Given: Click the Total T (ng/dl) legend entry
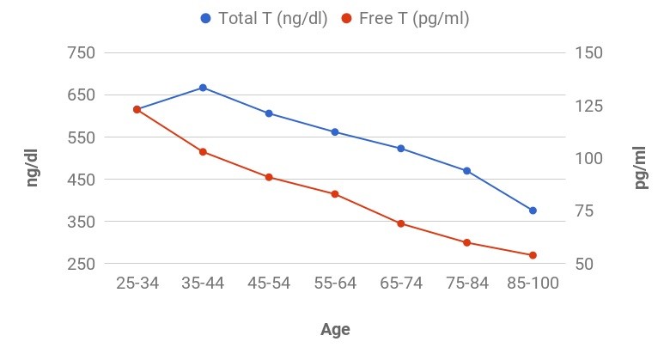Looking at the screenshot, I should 264,19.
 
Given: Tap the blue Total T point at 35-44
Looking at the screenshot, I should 203,88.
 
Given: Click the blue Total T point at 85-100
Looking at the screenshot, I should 533,211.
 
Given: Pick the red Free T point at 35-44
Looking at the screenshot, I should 203,152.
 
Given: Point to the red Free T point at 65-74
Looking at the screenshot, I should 401,223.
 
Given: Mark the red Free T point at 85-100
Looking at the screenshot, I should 533,255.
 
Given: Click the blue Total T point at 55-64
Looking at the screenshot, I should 335,132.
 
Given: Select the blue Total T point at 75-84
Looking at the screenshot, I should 467,171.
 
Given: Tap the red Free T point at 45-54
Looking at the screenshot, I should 269,177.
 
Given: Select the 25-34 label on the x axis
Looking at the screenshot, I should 137,284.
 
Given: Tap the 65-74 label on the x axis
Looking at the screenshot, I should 401,284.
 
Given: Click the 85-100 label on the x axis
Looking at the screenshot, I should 533,284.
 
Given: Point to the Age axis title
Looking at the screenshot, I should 335,329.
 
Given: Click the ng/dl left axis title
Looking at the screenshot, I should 32,167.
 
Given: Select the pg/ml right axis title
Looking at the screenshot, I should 641,167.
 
